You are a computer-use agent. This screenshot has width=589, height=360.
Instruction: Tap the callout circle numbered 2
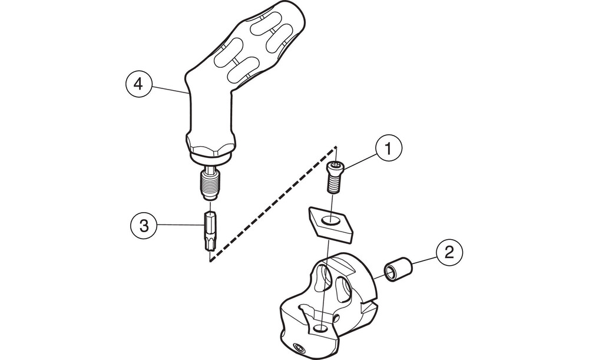[x=449, y=255]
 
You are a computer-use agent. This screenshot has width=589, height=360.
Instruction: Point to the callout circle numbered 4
[x=138, y=84]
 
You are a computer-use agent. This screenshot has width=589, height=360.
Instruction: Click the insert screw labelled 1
[x=336, y=176]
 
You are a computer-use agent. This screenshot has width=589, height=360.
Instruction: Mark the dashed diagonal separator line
[x=271, y=204]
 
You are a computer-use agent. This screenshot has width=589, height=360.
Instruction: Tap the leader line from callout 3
[x=180, y=224]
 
